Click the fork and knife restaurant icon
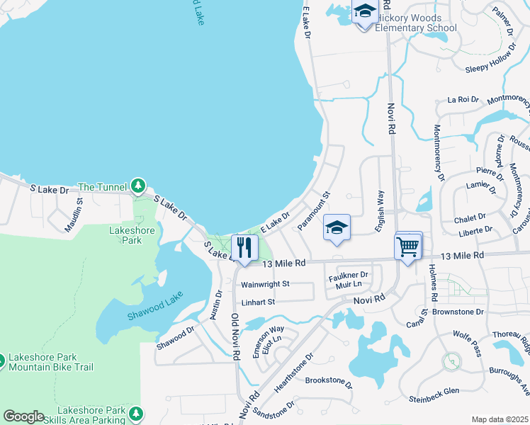pyautogui.click(x=244, y=247)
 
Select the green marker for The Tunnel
pyautogui.click(x=137, y=187)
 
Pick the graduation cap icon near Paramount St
pyautogui.click(x=337, y=228)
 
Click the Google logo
pyautogui.click(x=23, y=416)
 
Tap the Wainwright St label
pyautogui.click(x=266, y=284)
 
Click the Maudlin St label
pyautogui.click(x=79, y=210)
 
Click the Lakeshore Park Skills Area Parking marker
pyautogui.click(x=136, y=413)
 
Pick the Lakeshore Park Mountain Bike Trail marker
pyautogui.click(x=3, y=361)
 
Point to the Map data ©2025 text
pyautogui.click(x=500, y=419)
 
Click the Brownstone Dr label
pyautogui.click(x=458, y=311)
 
